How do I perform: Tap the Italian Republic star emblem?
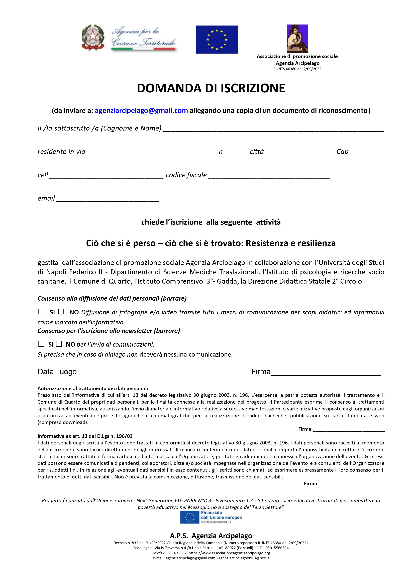pyautogui.click(x=93, y=38)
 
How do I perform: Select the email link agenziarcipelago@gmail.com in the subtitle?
pyautogui.click(x=141, y=111)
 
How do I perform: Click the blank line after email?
pyautogui.click(x=107, y=199)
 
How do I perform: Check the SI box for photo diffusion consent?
pyautogui.click(x=41, y=311)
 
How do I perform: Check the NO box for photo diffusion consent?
pyautogui.click(x=61, y=311)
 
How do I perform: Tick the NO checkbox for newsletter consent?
pyautogui.click(x=59, y=344)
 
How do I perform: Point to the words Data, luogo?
pyautogui.click(x=57, y=372)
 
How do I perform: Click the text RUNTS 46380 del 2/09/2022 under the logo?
pyautogui.click(x=297, y=69)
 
